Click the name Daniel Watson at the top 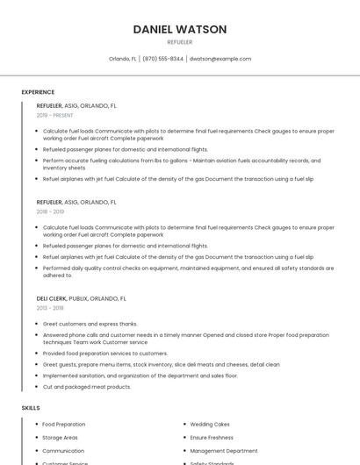tap(179, 29)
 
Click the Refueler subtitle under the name tap(179, 42)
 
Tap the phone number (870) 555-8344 tap(162, 59)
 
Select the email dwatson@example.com tap(220, 59)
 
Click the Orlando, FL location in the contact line tap(122, 59)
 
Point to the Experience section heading tap(38, 92)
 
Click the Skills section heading tap(31, 408)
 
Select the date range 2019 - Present tap(55, 115)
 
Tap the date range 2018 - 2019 tap(50, 211)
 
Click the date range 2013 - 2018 tap(50, 308)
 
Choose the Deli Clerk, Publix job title tap(76, 298)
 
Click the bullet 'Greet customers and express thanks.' tap(90, 323)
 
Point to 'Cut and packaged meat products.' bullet tap(87, 386)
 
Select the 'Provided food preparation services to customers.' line tap(105, 353)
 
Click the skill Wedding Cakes tap(210, 425)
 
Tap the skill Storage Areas tap(60, 437)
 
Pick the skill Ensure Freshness tap(212, 437)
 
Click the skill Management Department tap(224, 450)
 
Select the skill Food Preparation tap(63, 425)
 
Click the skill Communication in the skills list tap(63, 450)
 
